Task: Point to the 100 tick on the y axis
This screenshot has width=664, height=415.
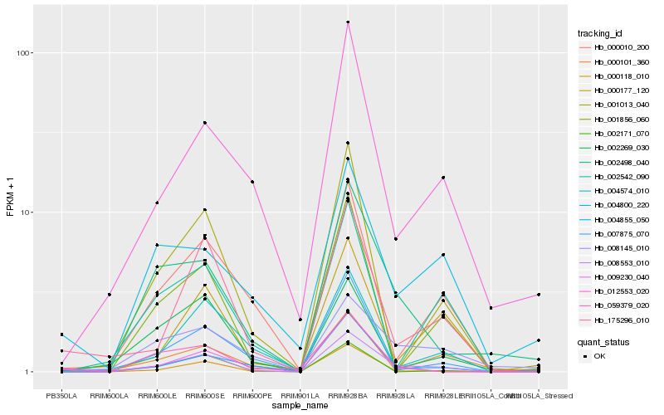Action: tap(24, 53)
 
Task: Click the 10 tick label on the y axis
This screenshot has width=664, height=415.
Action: tap(27, 212)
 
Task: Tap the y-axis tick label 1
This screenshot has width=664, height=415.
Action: tap(29, 372)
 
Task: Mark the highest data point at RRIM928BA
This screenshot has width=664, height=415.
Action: tap(348, 22)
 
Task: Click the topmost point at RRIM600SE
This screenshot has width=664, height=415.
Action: tap(204, 123)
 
